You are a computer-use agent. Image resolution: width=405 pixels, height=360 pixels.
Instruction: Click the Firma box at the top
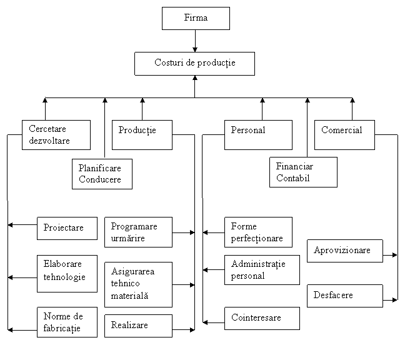click(x=196, y=18)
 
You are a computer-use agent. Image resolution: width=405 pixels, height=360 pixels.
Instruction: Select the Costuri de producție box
click(x=194, y=64)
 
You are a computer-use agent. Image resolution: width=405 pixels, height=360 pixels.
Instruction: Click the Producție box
click(x=142, y=135)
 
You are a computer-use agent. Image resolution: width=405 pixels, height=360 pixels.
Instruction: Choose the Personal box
click(x=258, y=135)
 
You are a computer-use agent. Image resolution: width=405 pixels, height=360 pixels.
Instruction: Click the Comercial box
click(x=344, y=135)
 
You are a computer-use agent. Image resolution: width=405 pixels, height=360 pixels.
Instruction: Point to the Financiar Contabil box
click(x=303, y=172)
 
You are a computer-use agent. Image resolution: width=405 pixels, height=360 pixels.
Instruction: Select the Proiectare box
click(x=67, y=228)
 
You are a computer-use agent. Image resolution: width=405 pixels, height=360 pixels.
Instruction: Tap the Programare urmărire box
click(x=138, y=232)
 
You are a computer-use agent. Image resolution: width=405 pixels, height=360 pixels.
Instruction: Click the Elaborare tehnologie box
click(x=67, y=273)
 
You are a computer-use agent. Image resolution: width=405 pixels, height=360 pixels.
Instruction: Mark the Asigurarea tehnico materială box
click(x=138, y=284)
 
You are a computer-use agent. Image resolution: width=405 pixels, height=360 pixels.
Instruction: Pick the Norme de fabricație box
click(x=67, y=322)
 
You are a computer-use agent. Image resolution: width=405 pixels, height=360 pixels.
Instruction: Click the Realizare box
click(x=138, y=326)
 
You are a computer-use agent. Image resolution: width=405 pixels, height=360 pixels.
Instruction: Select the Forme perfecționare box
click(x=258, y=232)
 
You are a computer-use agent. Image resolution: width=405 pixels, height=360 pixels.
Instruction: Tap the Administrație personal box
click(x=262, y=269)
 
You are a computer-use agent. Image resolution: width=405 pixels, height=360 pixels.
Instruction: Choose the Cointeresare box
click(x=262, y=318)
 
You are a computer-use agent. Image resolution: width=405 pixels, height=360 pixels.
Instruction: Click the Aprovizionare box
click(x=344, y=251)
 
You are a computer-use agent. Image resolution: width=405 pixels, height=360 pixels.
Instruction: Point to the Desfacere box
click(x=344, y=296)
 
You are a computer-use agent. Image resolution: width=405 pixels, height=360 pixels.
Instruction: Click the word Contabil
click(x=292, y=179)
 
